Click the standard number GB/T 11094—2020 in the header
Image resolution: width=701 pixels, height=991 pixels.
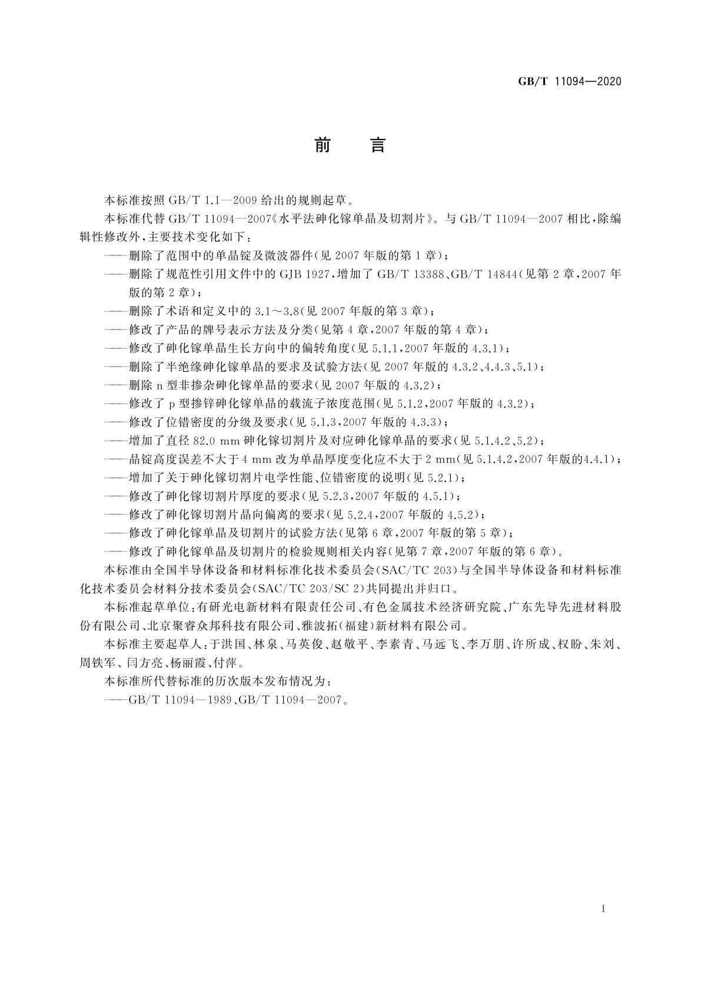[x=569, y=82]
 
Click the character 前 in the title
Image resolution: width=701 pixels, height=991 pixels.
[x=323, y=145]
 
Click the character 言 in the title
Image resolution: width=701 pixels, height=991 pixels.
[x=377, y=145]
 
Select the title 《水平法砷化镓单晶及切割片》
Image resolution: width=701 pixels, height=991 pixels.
[x=353, y=219]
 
